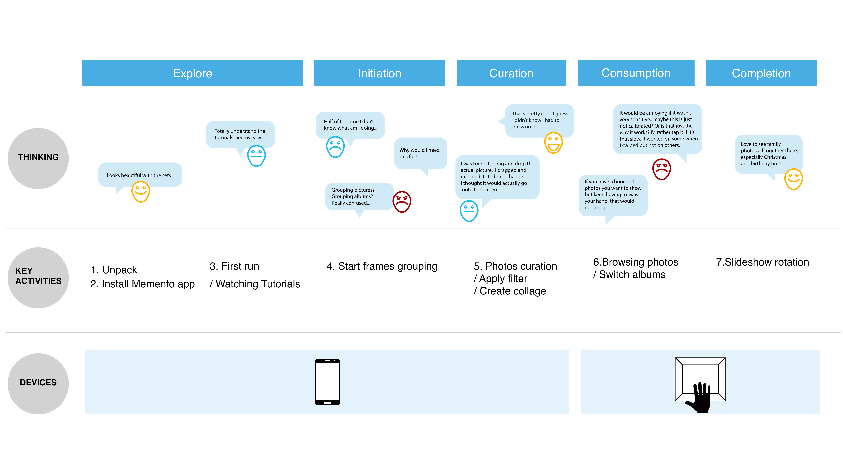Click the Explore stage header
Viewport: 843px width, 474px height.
[x=192, y=73]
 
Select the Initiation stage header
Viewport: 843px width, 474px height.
[x=380, y=73]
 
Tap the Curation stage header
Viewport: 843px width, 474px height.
[x=511, y=73]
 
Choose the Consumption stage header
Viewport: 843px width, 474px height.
[x=636, y=73]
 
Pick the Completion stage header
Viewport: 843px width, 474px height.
[x=761, y=73]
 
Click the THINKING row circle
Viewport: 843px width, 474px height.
[x=38, y=158]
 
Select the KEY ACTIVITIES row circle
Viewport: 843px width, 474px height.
[x=38, y=278]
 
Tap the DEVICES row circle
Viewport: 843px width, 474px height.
[x=38, y=384]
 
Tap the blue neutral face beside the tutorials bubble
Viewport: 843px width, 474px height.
[x=257, y=156]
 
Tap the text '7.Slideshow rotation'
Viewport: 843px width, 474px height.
[x=762, y=262]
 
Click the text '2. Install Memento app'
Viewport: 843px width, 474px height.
[x=142, y=284]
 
